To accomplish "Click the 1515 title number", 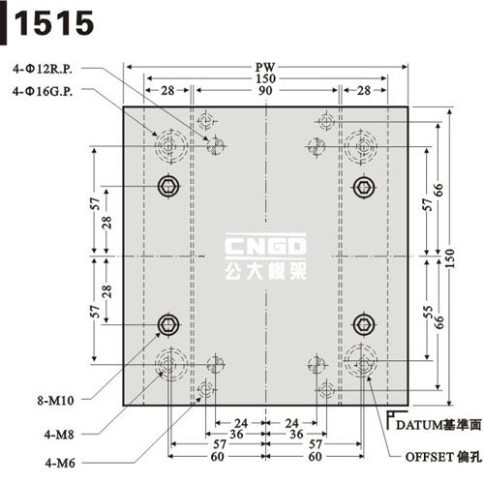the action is click(54, 23).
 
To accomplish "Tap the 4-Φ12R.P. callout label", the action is click(43, 69).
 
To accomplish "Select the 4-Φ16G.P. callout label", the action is click(43, 91).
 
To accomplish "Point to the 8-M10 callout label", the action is click(55, 401).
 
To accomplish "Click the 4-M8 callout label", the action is click(59, 435).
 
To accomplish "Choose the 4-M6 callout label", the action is click(60, 463).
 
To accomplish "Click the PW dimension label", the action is click(265, 68).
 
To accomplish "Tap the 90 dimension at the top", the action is click(265, 91).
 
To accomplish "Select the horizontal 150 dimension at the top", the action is click(265, 78).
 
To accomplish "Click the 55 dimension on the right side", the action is click(428, 312).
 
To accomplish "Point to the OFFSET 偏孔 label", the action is click(443, 457).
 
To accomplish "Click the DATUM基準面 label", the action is click(439, 425).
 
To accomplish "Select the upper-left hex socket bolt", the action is click(168, 186).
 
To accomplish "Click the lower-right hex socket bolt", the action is click(364, 324).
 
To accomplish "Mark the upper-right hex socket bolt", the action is click(364, 187).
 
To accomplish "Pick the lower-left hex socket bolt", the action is click(168, 324).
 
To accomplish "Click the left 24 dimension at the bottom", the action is click(241, 423).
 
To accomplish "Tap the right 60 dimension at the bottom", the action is click(315, 457).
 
